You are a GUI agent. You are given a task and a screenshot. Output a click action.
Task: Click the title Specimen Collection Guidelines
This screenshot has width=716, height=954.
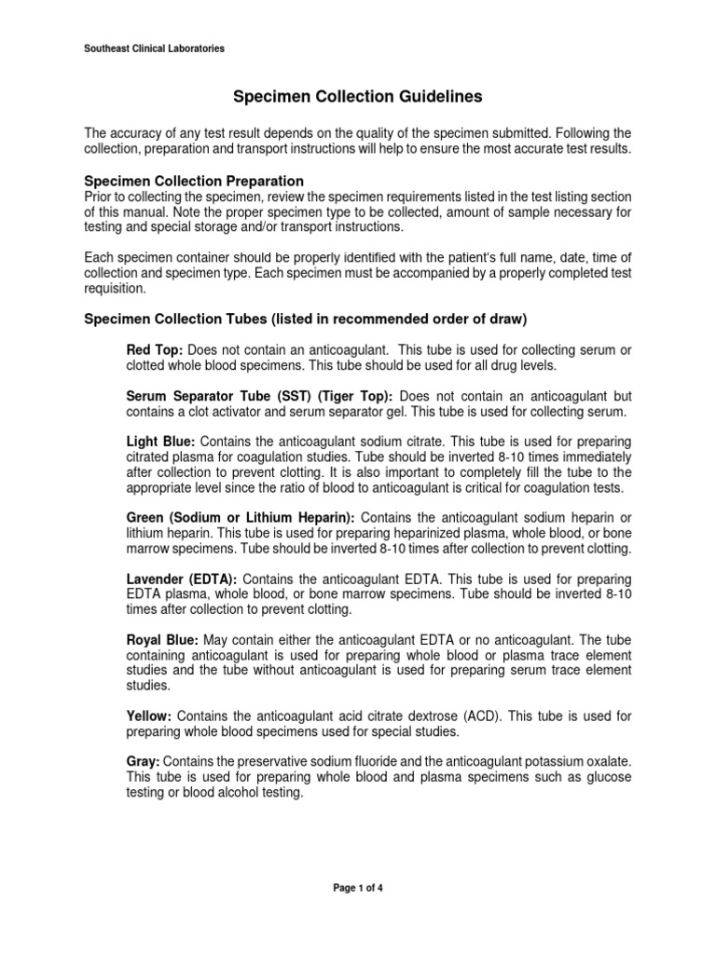pyautogui.click(x=358, y=96)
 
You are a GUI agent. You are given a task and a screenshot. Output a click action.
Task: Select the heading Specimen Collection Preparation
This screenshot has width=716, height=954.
pyautogui.click(x=194, y=181)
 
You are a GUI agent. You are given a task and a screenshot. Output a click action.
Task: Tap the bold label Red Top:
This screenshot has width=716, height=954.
pyautogui.click(x=148, y=349)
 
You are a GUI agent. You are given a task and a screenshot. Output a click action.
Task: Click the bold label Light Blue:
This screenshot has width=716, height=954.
pyautogui.click(x=160, y=441)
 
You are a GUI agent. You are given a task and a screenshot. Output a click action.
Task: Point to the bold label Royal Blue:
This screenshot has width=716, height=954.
pyautogui.click(x=162, y=641)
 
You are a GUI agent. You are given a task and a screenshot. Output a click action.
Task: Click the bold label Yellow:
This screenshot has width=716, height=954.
pyautogui.click(x=148, y=716)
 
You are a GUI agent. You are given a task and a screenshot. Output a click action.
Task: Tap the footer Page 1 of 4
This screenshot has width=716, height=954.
pyautogui.click(x=358, y=888)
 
